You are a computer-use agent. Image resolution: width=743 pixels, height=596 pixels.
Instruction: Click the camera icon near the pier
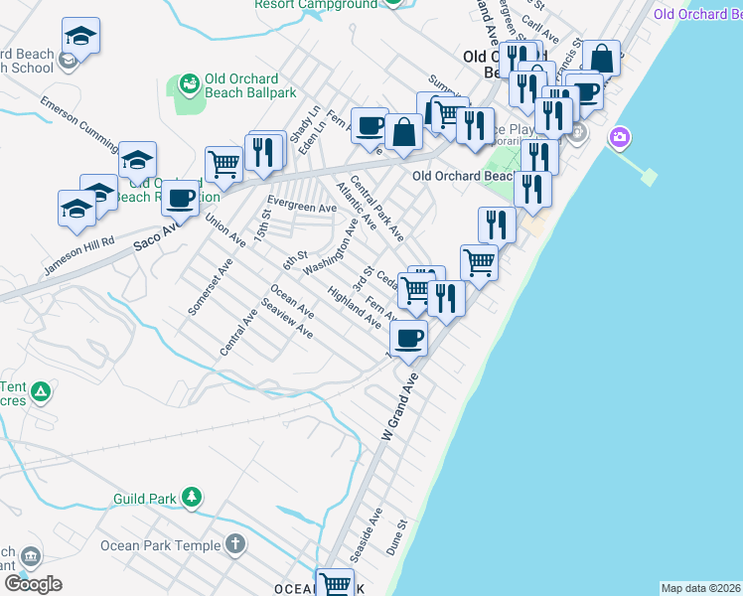click(621, 136)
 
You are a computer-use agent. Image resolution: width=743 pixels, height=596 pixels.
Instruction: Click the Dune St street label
click(399, 537)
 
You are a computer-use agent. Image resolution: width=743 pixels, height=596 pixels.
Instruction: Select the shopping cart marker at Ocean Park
click(336, 583)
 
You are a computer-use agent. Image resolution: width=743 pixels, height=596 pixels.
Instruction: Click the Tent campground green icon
click(40, 392)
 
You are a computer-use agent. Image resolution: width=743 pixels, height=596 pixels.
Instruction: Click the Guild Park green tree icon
click(192, 497)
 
